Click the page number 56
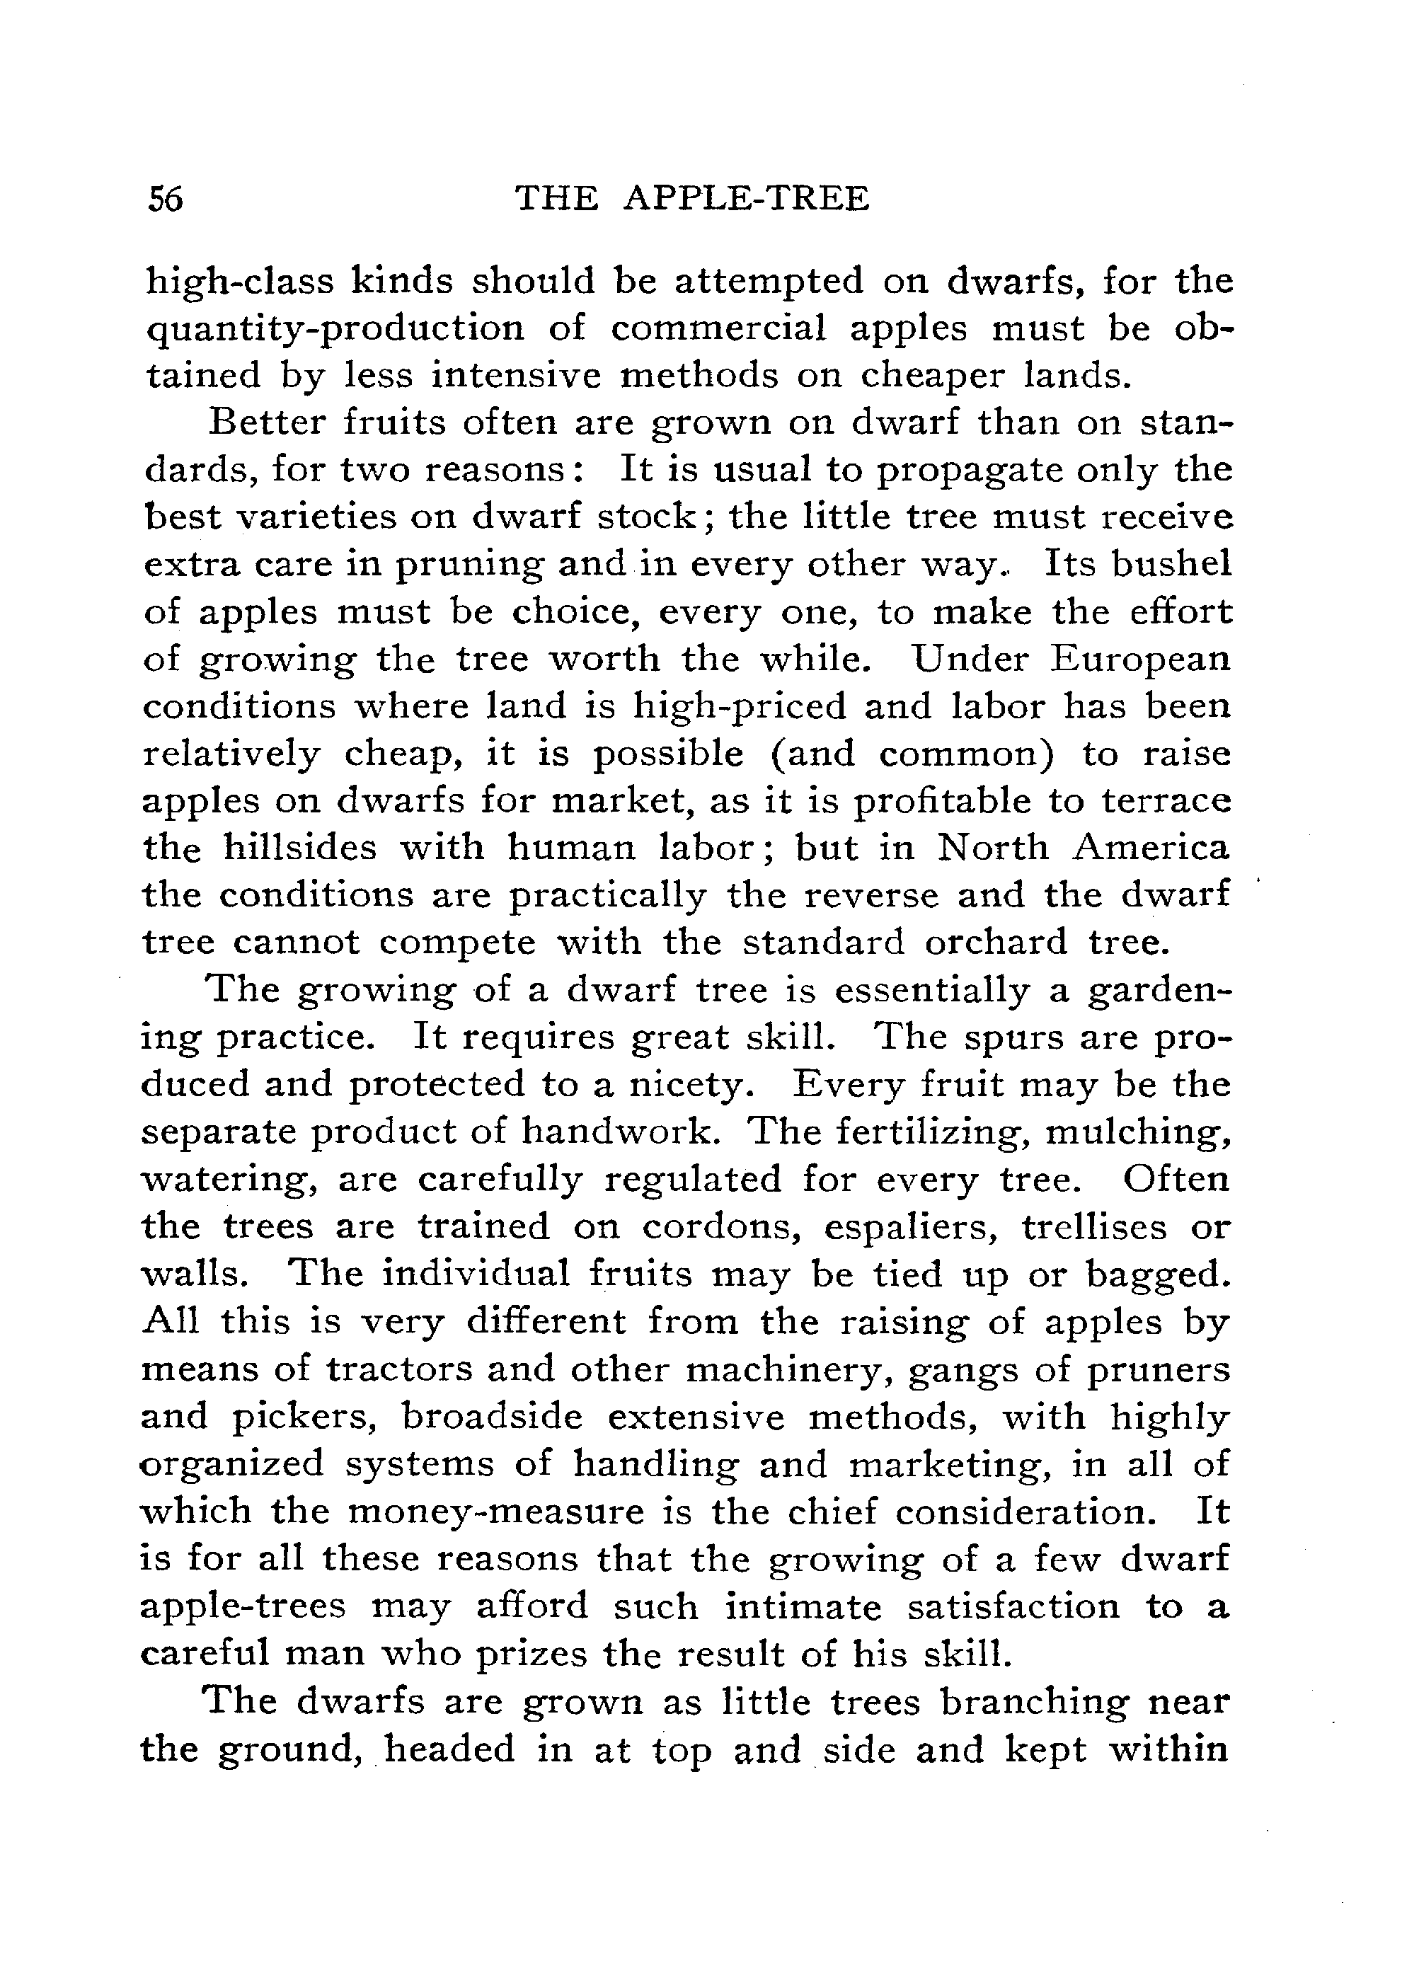(165, 200)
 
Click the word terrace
(1166, 800)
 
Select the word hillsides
(300, 848)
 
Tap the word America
(1151, 848)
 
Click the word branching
(1033, 1701)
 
